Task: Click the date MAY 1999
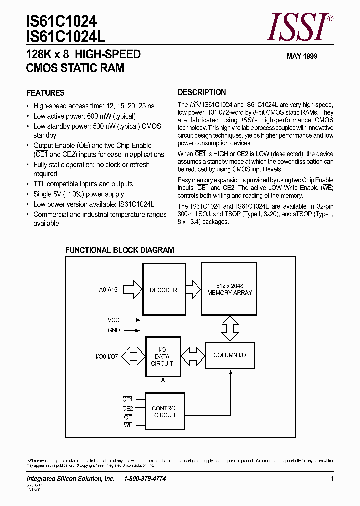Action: (x=302, y=56)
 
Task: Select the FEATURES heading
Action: (x=45, y=93)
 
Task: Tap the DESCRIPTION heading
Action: (x=202, y=92)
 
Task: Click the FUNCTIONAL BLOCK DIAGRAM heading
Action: (x=120, y=250)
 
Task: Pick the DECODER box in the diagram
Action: (x=163, y=290)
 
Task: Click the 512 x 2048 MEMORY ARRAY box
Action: (x=230, y=289)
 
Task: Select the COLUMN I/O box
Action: (x=230, y=355)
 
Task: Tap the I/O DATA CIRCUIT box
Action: (x=162, y=356)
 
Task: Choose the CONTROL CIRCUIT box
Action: (x=165, y=412)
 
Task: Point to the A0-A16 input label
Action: (x=108, y=290)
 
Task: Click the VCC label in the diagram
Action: (x=114, y=319)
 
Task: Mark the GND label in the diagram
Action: (x=114, y=330)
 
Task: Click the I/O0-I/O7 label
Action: (x=107, y=356)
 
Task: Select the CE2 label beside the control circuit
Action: (x=128, y=408)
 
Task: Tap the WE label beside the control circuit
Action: (x=128, y=425)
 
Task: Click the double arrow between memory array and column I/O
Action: (x=230, y=330)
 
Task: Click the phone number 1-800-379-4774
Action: (x=145, y=479)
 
